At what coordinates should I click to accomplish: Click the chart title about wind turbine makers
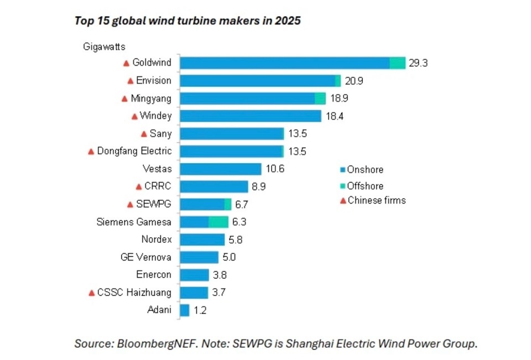pyautogui.click(x=188, y=21)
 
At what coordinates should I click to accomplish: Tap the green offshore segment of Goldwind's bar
pyautogui.click(x=397, y=62)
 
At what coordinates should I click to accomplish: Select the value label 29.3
pyautogui.click(x=418, y=63)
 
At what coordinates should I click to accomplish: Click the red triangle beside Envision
pyautogui.click(x=131, y=81)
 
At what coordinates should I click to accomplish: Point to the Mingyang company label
pyautogui.click(x=151, y=98)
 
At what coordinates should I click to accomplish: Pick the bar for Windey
pyautogui.click(x=251, y=116)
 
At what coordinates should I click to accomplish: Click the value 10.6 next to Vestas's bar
pyautogui.click(x=274, y=169)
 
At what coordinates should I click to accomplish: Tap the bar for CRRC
pyautogui.click(x=214, y=187)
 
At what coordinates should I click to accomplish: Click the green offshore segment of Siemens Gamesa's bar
pyautogui.click(x=218, y=222)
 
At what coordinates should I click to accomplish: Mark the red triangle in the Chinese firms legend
pyautogui.click(x=343, y=201)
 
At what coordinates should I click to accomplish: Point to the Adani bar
pyautogui.click(x=185, y=310)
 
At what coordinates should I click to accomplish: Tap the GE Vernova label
pyautogui.click(x=145, y=257)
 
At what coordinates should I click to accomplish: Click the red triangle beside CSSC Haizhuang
pyautogui.click(x=91, y=293)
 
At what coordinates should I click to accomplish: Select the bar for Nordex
pyautogui.click(x=202, y=240)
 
